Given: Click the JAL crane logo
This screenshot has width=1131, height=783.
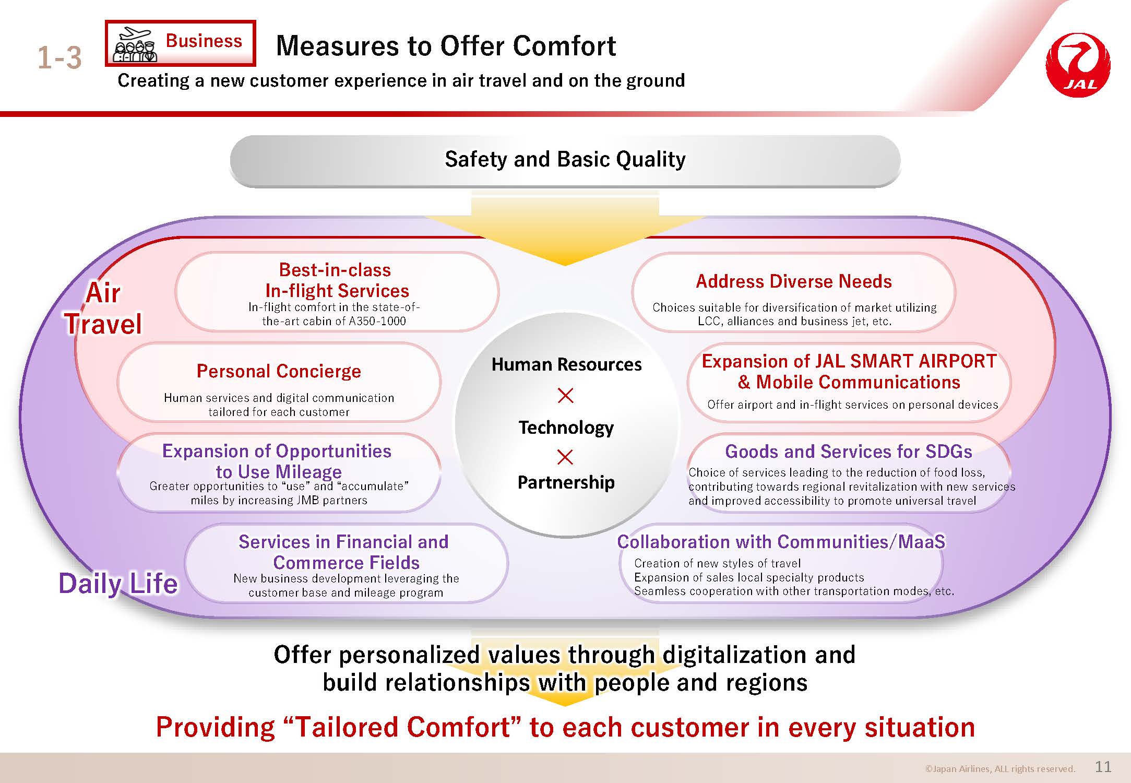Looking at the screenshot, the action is tap(1078, 65).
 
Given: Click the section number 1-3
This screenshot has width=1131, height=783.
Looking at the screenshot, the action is tap(59, 57).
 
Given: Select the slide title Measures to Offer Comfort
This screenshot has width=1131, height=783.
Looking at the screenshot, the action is tap(446, 45).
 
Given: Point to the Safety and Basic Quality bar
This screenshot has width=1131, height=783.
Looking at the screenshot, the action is tap(565, 160).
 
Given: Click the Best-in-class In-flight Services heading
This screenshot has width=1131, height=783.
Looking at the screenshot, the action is tap(337, 280).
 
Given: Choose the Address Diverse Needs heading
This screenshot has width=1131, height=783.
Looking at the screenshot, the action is tap(793, 281).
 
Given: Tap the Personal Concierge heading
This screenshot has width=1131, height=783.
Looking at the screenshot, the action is tap(279, 371).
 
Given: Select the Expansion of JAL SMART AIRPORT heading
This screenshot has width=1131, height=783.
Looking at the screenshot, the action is tap(849, 361).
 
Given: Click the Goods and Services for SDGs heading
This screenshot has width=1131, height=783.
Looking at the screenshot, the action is tap(849, 451).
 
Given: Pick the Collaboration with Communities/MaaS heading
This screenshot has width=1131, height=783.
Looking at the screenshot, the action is tap(781, 542).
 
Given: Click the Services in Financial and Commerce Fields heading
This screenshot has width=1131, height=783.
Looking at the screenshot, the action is tap(344, 552).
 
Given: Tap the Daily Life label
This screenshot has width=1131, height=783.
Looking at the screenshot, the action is tap(118, 583).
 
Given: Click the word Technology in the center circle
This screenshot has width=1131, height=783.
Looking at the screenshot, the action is tap(566, 428).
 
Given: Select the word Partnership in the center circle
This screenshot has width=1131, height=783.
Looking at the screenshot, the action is tap(566, 482).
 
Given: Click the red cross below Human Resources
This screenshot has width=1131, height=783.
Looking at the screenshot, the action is tap(565, 395).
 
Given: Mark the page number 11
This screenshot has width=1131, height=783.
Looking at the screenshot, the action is tap(1103, 767).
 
